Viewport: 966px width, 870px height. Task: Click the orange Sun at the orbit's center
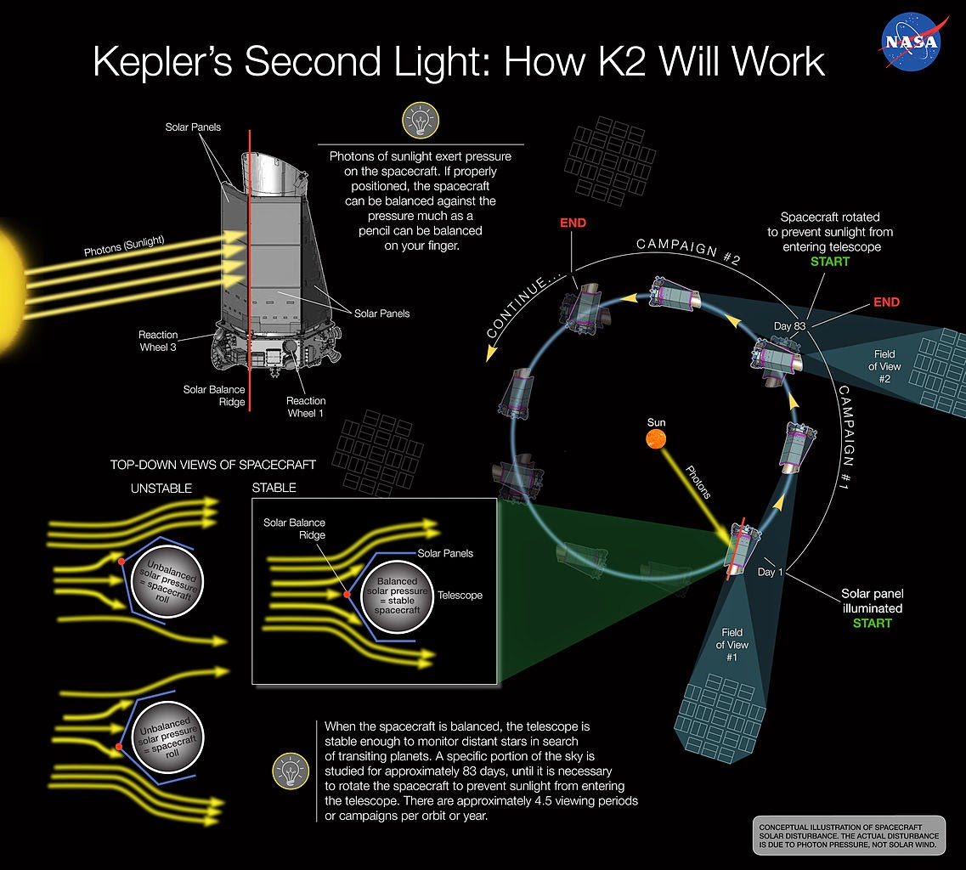click(x=656, y=438)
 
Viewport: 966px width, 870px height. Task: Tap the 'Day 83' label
click(x=788, y=325)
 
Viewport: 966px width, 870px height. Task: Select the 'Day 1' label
click(x=770, y=572)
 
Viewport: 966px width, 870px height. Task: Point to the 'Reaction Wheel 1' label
click(x=306, y=406)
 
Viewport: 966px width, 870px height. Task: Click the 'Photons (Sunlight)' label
click(x=124, y=246)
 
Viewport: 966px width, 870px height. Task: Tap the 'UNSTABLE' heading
click(x=161, y=489)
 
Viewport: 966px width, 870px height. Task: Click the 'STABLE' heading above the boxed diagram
click(x=274, y=488)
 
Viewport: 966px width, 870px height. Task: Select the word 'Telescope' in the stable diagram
click(x=460, y=596)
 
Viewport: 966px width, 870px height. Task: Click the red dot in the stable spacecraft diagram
click(x=347, y=595)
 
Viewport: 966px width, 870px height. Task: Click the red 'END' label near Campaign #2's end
click(x=573, y=223)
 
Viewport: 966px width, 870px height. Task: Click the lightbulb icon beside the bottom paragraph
click(x=290, y=771)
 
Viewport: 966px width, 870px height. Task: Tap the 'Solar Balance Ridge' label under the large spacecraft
click(x=214, y=396)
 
